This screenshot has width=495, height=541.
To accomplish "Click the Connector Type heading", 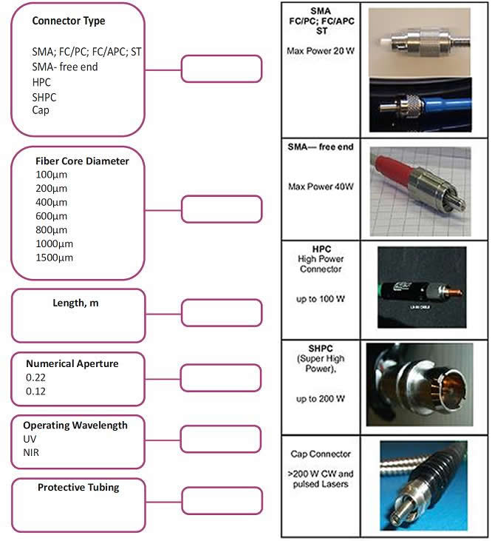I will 69,21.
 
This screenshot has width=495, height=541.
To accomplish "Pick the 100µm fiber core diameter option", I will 51,175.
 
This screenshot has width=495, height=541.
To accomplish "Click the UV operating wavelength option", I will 30,438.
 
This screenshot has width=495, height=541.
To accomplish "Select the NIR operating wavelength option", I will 32,451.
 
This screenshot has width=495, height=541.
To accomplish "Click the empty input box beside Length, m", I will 221,312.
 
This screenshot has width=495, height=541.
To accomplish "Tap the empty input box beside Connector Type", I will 221,69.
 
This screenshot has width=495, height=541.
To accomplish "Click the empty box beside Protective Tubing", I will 221,500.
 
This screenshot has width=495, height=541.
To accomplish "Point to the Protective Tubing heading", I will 78,487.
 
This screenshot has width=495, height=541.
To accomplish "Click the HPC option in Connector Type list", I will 41,82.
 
